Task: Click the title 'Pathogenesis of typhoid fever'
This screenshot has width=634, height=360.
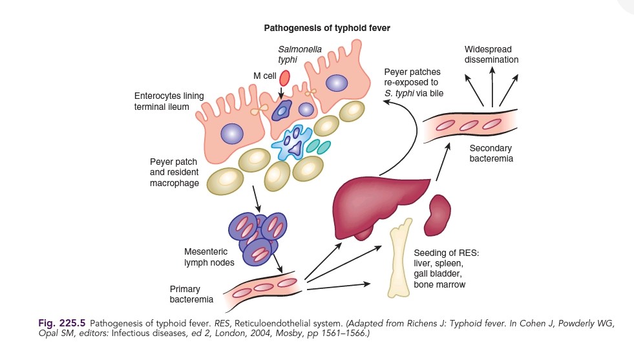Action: pos(326,28)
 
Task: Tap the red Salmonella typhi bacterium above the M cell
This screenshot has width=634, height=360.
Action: pos(284,78)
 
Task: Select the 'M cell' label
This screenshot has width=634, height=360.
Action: pos(265,76)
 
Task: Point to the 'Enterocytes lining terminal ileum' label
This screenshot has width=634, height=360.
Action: pos(169,101)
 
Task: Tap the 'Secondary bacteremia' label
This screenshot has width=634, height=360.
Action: pos(491,152)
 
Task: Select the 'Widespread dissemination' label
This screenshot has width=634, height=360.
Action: pos(492,55)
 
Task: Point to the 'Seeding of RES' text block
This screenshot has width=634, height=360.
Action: pos(439,268)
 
